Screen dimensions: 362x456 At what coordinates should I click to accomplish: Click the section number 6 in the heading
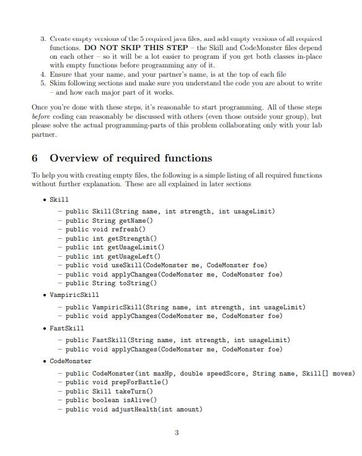coord(35,158)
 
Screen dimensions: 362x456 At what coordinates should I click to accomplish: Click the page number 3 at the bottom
coord(177,432)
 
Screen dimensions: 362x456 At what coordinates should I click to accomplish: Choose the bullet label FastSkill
coord(66,328)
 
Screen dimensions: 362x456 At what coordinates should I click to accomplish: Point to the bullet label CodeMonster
coord(70,361)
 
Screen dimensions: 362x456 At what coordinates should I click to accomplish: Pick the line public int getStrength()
coord(111,238)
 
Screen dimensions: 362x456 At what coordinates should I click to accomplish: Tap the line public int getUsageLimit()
coord(115,247)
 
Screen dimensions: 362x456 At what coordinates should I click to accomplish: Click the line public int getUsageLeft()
coord(113,256)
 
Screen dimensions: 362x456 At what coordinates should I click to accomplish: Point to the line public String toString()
coord(111,283)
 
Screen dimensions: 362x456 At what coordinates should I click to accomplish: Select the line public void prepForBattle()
coord(117,382)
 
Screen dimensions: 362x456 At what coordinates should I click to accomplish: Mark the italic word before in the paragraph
coord(40,116)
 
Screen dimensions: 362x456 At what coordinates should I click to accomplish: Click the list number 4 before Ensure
coord(42,73)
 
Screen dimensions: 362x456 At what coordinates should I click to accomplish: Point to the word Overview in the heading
coord(75,158)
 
